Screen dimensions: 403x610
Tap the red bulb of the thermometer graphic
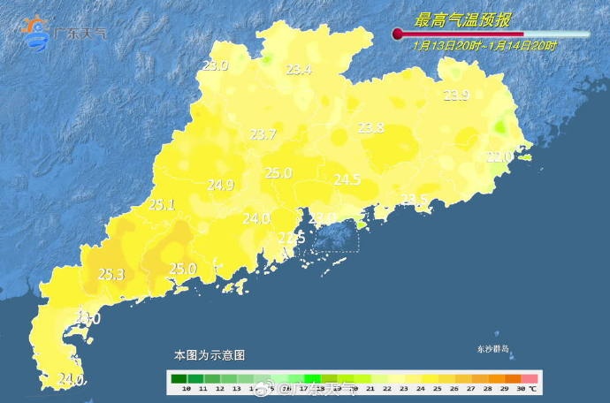[398, 34]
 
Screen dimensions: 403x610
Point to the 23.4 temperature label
[298, 71]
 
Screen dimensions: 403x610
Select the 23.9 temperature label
[455, 95]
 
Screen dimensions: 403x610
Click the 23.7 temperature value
[263, 134]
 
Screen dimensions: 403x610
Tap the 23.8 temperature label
[370, 128]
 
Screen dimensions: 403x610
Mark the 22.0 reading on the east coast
[499, 156]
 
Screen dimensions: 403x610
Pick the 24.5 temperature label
[347, 180]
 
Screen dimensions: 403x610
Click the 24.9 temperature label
[220, 185]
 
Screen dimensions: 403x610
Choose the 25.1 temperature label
[161, 204]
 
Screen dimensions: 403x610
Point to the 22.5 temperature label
[292, 239]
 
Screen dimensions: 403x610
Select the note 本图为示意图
[209, 355]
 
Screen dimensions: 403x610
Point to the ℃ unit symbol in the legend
[533, 389]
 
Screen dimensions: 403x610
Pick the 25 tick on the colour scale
[433, 389]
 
